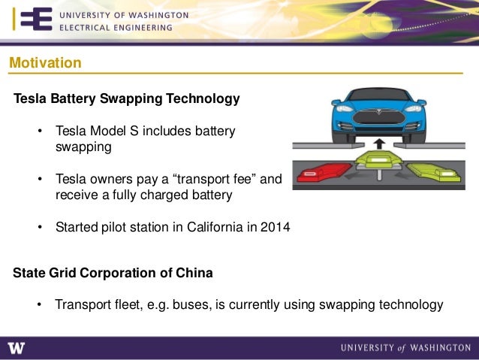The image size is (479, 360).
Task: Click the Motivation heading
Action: pyautogui.click(x=45, y=63)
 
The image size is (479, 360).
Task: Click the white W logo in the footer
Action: pyautogui.click(x=17, y=347)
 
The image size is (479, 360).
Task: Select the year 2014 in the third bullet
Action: pyautogui.click(x=276, y=227)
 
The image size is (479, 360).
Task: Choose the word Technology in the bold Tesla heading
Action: pyautogui.click(x=203, y=98)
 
